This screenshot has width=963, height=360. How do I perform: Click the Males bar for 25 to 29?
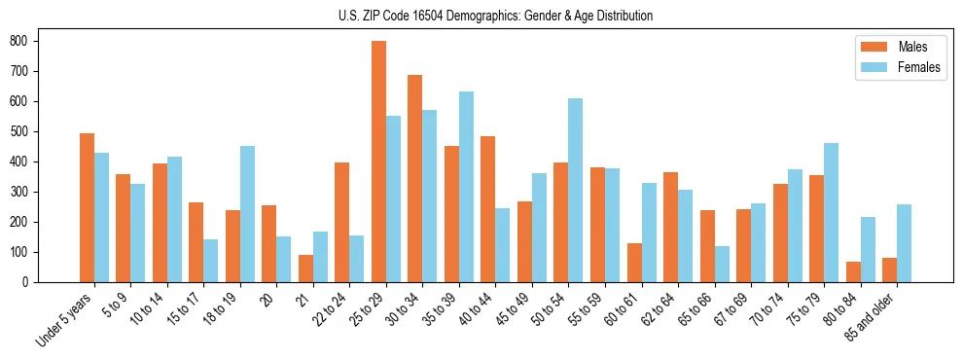pos(378,162)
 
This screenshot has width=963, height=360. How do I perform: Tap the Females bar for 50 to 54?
pos(576,191)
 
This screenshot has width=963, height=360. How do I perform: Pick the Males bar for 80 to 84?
pos(853,272)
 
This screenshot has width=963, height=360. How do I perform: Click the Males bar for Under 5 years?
pos(87,208)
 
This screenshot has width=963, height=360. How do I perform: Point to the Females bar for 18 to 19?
pos(247,214)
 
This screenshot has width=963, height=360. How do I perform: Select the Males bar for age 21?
pos(305,269)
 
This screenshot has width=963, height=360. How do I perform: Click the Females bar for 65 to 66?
pos(722,264)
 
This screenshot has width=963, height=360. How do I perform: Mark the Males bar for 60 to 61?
pos(634,263)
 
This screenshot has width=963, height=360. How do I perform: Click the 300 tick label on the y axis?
pos(18,192)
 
